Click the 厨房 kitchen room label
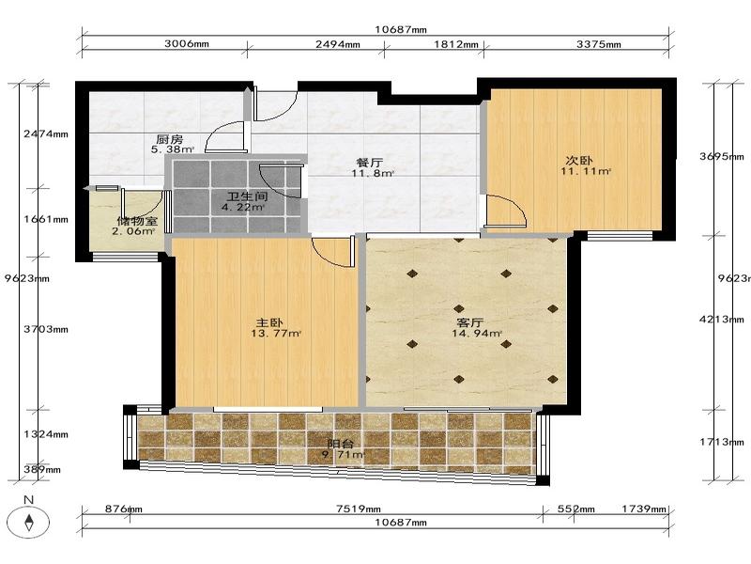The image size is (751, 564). click(x=170, y=139)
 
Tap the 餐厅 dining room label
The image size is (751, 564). click(x=370, y=163)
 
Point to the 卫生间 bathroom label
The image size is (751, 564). click(x=247, y=196)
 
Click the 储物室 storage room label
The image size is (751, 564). click(x=137, y=221)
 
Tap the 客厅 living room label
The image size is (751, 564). click(x=470, y=322)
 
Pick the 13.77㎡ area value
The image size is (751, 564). click(x=276, y=334)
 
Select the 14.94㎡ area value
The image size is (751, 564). click(x=477, y=333)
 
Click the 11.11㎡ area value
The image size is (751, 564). click(x=586, y=171)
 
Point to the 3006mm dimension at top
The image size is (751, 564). click(x=187, y=43)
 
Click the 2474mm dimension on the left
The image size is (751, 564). click(x=46, y=133)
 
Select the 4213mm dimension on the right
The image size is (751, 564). click(x=722, y=319)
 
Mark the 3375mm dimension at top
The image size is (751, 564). click(x=599, y=44)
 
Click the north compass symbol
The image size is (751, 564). click(x=30, y=522)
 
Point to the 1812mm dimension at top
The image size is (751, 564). click(x=456, y=44)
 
